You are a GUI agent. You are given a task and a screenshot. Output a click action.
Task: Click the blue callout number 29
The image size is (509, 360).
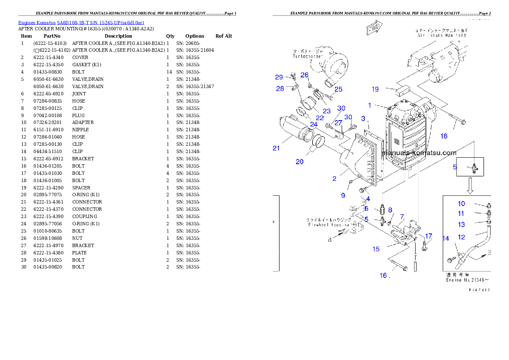click(x=279, y=77)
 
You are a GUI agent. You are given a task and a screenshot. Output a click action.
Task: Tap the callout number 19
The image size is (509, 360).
click(x=375, y=89)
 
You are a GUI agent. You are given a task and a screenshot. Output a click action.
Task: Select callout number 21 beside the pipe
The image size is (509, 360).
click(x=276, y=148)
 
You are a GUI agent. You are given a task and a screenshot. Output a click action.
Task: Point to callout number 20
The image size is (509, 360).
click(x=299, y=162)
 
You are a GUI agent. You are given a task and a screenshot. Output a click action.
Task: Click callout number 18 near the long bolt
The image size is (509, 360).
click(x=444, y=136)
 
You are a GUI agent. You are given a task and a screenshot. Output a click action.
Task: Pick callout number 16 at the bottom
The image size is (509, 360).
click(x=383, y=275)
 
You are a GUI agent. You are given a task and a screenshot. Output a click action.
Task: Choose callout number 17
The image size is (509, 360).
click(x=429, y=236)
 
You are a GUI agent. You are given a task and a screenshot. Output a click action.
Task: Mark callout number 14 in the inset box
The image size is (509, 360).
click(x=446, y=239)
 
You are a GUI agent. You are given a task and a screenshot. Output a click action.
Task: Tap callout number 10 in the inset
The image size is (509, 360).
click(x=462, y=204)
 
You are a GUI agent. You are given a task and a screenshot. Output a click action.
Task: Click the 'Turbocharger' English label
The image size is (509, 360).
click(x=307, y=56)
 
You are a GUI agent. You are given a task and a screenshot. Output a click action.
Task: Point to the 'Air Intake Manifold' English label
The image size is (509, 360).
click(x=441, y=36)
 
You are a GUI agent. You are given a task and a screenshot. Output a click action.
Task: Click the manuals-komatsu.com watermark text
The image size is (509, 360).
click(x=419, y=153)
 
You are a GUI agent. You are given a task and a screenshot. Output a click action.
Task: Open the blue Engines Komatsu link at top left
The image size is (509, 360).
click(x=81, y=22)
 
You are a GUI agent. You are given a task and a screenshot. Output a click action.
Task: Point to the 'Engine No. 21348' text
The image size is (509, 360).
click(x=467, y=280)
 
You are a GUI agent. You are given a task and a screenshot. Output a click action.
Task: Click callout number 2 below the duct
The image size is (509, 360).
click(x=334, y=179)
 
